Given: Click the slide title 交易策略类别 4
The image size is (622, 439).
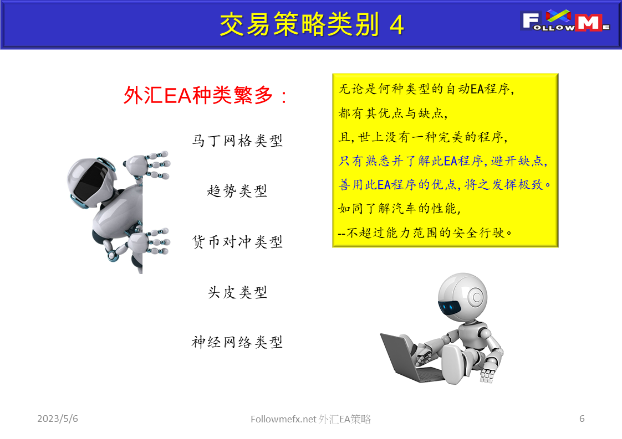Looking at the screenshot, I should (x=312, y=24).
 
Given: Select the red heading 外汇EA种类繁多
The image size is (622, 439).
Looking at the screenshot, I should (x=206, y=96).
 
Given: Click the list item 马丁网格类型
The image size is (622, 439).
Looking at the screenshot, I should (x=237, y=141).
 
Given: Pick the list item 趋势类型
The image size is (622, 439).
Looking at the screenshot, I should (x=237, y=191).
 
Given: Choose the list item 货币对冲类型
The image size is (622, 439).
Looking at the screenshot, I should (x=237, y=242).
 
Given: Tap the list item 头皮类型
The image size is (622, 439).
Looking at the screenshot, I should (x=237, y=292).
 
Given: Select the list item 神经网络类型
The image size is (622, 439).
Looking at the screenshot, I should (x=237, y=342).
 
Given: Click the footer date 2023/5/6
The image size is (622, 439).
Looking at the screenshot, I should (x=58, y=419).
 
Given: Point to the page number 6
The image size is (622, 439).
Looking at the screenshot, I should (x=582, y=419).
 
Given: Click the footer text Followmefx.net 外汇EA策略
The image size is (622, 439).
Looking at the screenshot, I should (x=311, y=420).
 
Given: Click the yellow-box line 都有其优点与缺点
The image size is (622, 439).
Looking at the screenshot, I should (x=392, y=113).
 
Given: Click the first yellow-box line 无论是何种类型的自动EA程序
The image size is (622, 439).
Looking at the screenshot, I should (x=426, y=89).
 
